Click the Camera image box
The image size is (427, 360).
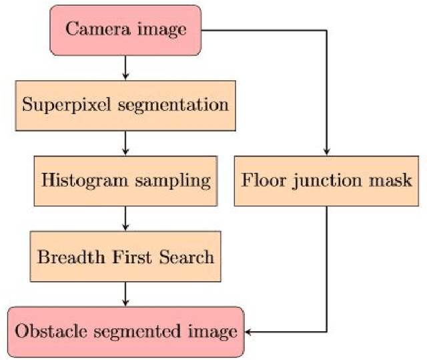tap(125, 30)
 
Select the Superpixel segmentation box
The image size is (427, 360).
tap(125, 105)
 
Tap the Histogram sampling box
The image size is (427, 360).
tap(125, 180)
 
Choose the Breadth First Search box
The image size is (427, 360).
tap(125, 256)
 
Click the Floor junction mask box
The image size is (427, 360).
tap(326, 180)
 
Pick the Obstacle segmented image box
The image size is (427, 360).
tap(125, 331)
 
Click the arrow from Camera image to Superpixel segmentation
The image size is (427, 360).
tap(125, 68)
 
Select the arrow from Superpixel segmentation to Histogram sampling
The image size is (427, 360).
tap(125, 143)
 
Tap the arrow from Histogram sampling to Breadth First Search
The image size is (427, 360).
tap(125, 218)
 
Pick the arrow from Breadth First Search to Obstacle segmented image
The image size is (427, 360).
tap(125, 294)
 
